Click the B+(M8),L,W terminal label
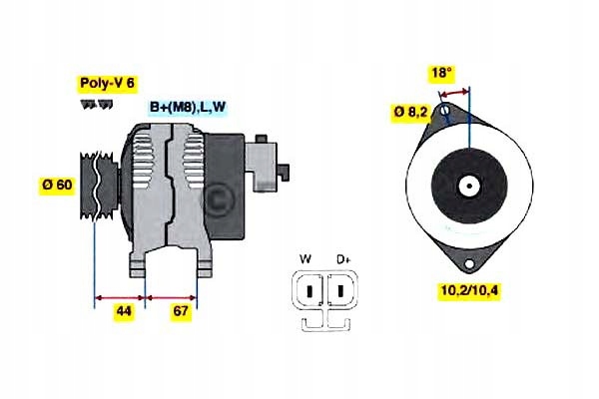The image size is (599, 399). click(x=188, y=107)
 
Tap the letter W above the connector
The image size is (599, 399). click(x=305, y=260)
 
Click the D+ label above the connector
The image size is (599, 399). click(x=342, y=260)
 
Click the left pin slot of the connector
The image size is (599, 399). click(x=310, y=290)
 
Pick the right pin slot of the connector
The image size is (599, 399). click(x=339, y=290)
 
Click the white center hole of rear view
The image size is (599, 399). click(x=467, y=185)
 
